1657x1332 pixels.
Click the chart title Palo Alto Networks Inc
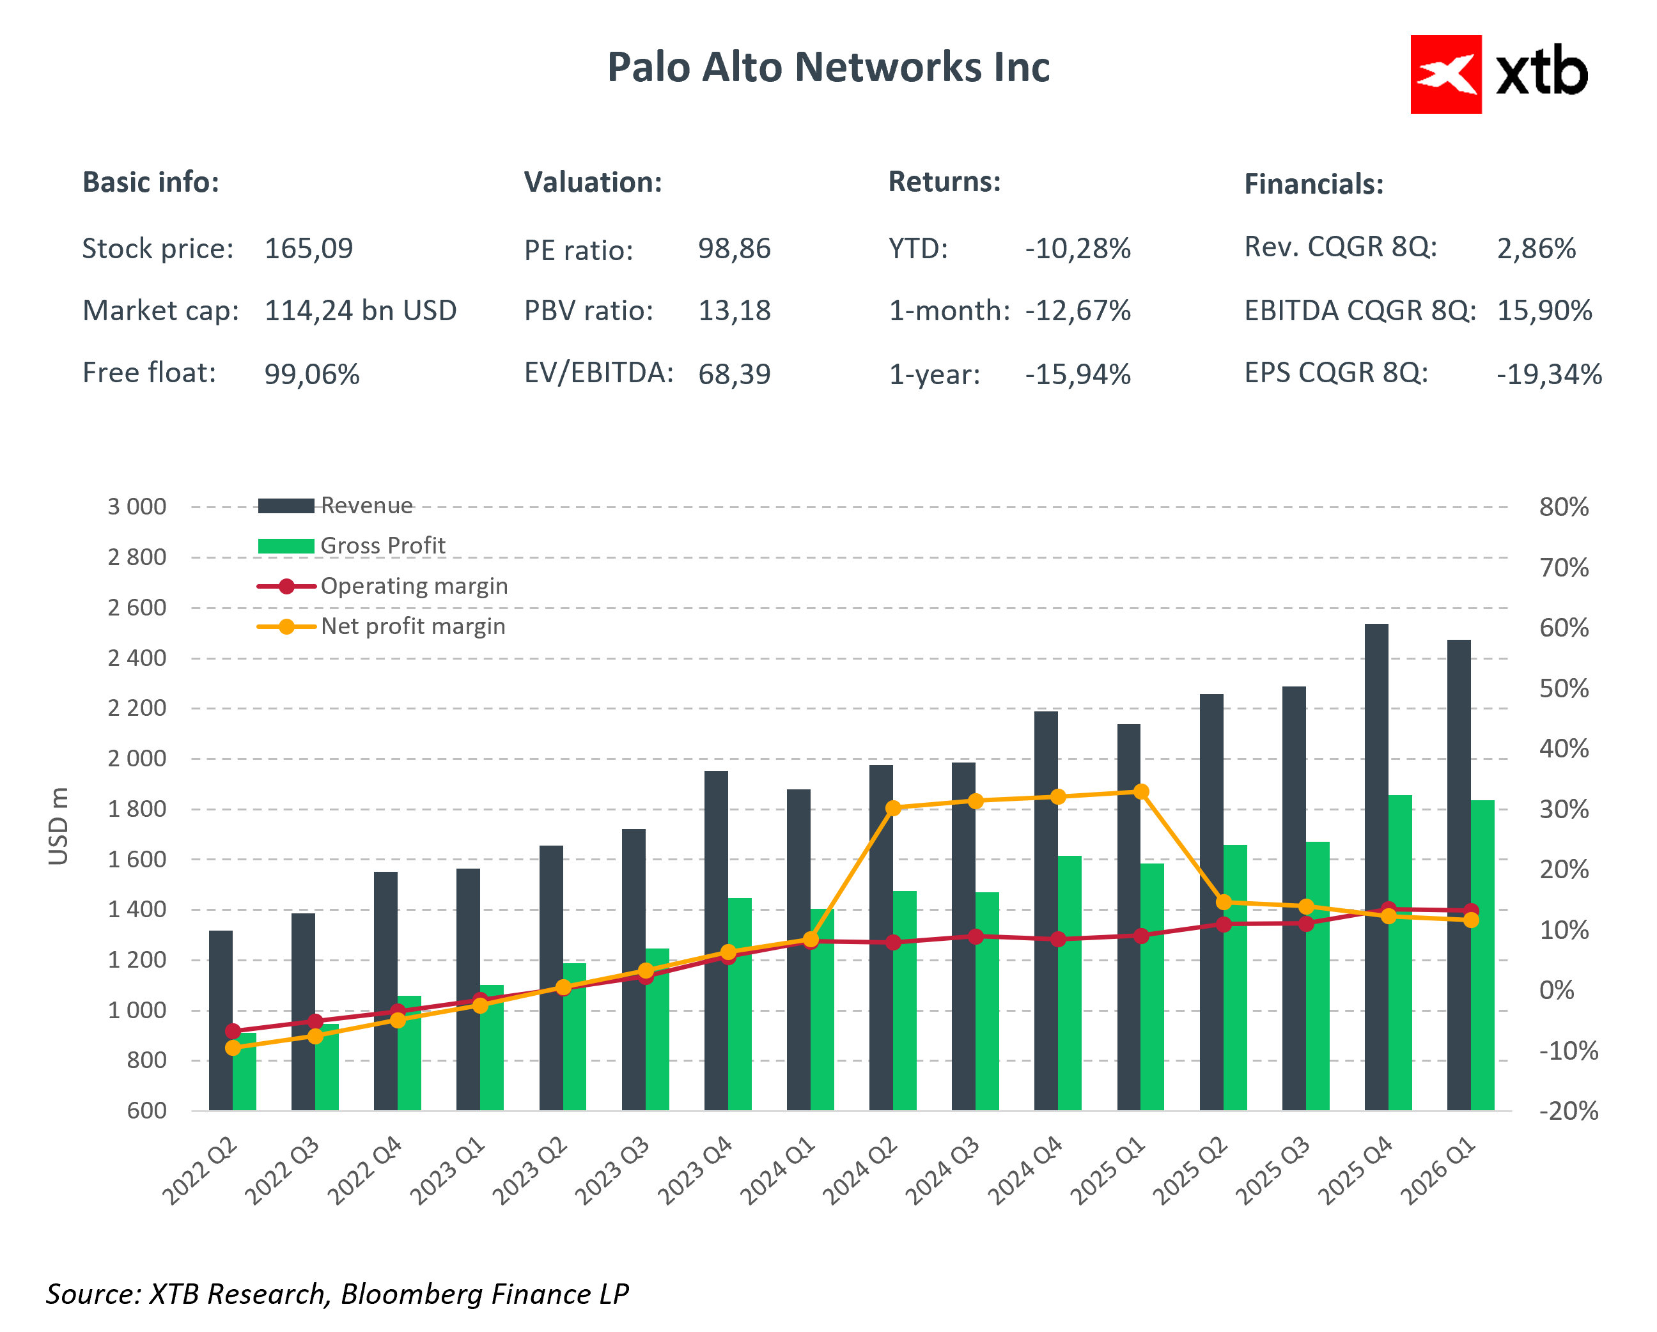click(x=828, y=68)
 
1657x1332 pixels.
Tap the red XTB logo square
click(x=1445, y=75)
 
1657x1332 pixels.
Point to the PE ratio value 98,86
click(x=734, y=249)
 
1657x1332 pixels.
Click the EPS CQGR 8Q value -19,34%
click(x=1548, y=375)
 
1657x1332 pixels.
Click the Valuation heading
click(x=593, y=183)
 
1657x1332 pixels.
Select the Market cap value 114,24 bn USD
click(x=361, y=311)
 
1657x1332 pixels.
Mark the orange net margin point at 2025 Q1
click(x=1141, y=792)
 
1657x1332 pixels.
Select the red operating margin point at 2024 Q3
click(x=976, y=937)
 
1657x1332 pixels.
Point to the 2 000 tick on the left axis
click(x=137, y=759)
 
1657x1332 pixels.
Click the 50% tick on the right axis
click(x=1563, y=688)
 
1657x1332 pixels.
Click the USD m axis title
click(x=58, y=826)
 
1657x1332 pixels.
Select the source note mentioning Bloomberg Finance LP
click(x=338, y=1294)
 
